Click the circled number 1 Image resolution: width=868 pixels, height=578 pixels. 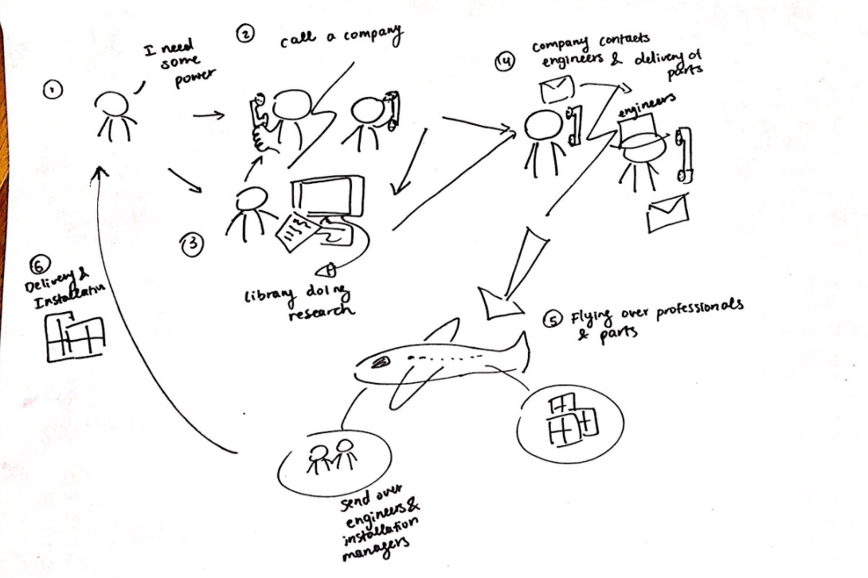50,92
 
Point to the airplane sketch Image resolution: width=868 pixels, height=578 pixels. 438,362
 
